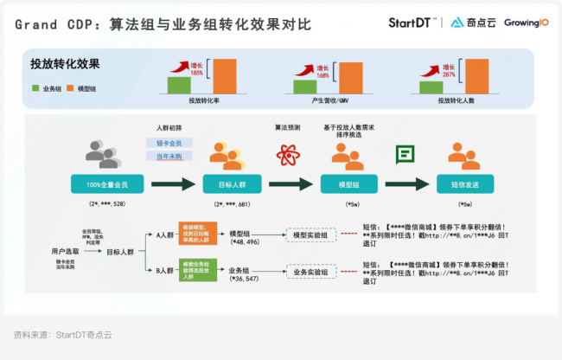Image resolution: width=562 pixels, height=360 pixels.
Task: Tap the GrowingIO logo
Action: click(x=526, y=22)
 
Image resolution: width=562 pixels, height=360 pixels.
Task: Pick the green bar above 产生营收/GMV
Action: click(x=304, y=86)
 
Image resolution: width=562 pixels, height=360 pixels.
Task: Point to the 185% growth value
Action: click(x=197, y=73)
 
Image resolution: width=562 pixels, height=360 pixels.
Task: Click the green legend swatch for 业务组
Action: click(x=35, y=88)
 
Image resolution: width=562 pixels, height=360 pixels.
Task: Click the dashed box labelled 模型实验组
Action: click(x=310, y=234)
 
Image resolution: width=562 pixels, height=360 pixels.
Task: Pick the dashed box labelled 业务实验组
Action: click(x=310, y=272)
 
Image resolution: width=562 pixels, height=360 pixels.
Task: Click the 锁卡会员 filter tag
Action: click(x=169, y=142)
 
